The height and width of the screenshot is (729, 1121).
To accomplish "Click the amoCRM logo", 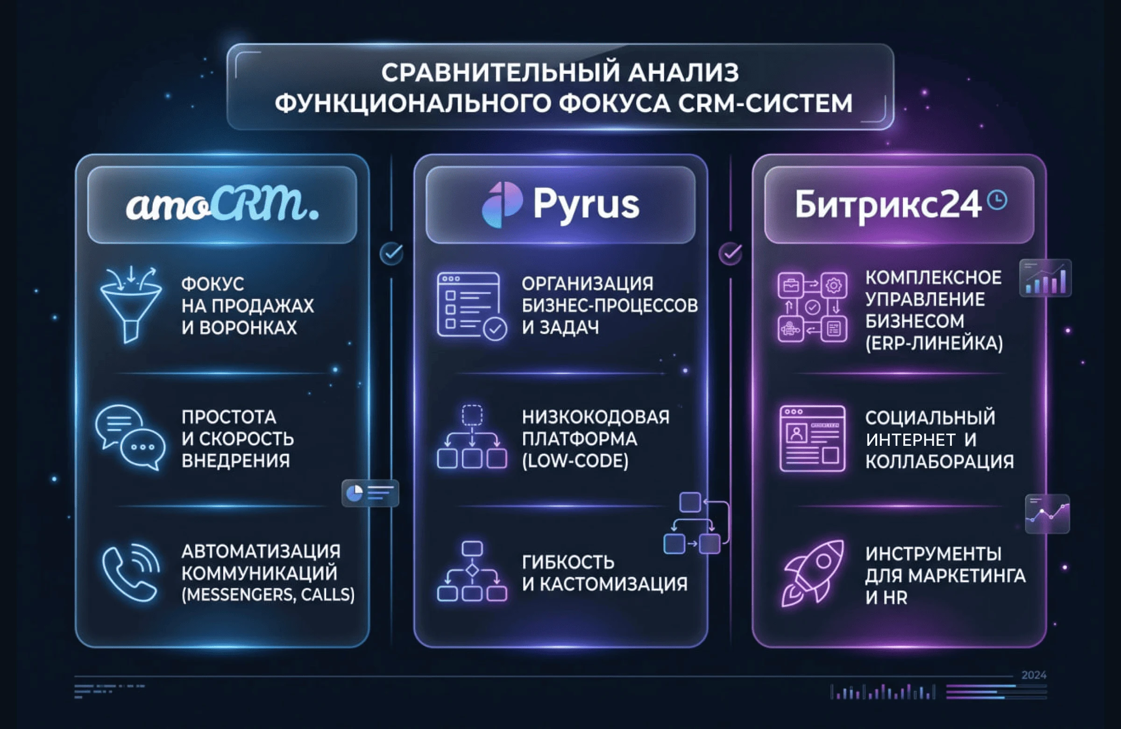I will pos(222,205).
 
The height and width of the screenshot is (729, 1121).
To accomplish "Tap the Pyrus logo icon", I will pos(502,205).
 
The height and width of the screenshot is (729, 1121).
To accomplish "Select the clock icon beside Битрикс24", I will pos(997,200).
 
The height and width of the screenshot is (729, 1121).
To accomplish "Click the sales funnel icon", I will pos(130,303).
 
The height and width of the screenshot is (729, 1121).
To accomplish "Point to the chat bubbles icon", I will pos(130,437).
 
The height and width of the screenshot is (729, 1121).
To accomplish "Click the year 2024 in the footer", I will pos(1033,675).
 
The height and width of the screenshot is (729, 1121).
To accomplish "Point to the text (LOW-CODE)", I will pos(575,461).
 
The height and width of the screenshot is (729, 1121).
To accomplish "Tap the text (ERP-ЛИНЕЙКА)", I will pos(934,343).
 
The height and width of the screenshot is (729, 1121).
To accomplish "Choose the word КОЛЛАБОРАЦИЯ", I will pos(939,462).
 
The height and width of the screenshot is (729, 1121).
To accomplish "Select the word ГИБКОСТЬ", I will pos(568,562).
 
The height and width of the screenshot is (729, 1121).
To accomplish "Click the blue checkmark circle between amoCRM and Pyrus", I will pos(391,254).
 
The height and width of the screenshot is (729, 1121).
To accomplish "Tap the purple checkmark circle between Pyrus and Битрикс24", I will pos(731,254).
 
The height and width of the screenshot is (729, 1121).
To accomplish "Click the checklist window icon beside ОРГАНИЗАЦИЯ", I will pos(471,305).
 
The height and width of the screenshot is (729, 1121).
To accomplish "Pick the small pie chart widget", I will pos(370,493).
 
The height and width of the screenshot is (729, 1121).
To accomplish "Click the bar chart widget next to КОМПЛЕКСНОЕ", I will pos(1045,278).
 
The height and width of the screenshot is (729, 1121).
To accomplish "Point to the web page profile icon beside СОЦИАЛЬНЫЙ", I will pos(812,438).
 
